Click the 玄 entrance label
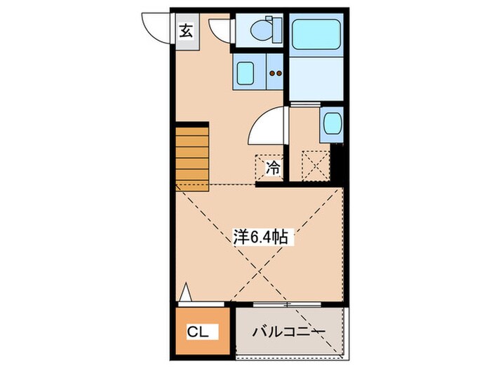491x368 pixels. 185,31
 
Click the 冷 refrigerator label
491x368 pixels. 272,168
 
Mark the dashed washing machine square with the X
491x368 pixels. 316,166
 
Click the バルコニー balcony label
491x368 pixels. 289,330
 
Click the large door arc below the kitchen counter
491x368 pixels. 266,128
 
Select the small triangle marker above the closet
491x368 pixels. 185,292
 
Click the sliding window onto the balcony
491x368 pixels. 288,305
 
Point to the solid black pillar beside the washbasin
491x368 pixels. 338,165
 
